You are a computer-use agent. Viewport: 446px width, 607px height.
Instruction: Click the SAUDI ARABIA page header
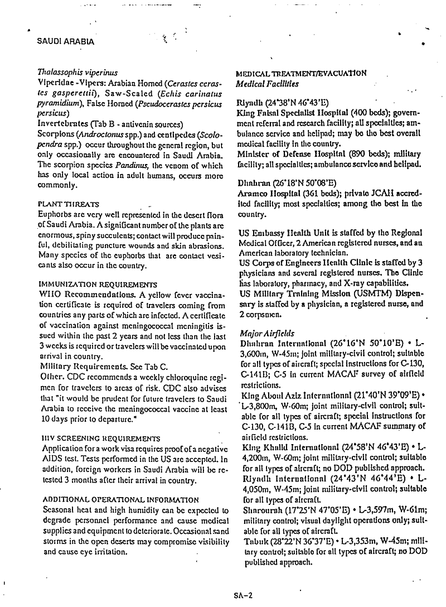65,41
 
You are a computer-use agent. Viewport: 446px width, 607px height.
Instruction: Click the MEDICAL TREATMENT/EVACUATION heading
301,73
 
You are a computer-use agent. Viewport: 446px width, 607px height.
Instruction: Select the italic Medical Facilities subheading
267,84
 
